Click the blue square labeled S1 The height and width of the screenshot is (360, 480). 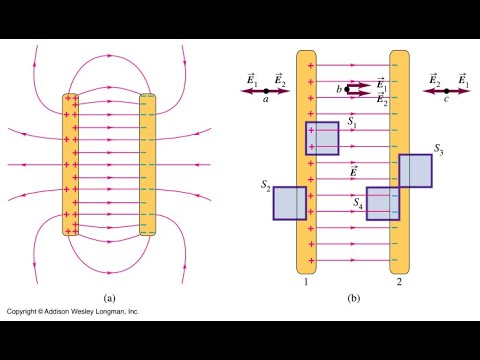coord(322,138)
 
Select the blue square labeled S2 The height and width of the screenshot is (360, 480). coord(289,202)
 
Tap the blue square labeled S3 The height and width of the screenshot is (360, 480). coord(415,170)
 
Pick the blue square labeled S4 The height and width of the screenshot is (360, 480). coord(382,203)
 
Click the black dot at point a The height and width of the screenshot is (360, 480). coord(265,90)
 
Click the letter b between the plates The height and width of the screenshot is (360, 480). coord(339,90)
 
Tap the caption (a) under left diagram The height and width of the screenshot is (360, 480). coord(112,297)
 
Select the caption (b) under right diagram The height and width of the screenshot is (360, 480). coord(353,297)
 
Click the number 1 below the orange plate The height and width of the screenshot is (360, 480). coord(307,284)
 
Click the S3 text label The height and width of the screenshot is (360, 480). coord(438,149)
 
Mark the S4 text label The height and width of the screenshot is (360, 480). coord(358,202)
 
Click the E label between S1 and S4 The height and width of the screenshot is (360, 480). coord(353,171)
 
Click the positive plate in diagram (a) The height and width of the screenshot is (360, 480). coord(72,165)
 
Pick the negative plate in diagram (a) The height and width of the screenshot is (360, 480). coord(147,165)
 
